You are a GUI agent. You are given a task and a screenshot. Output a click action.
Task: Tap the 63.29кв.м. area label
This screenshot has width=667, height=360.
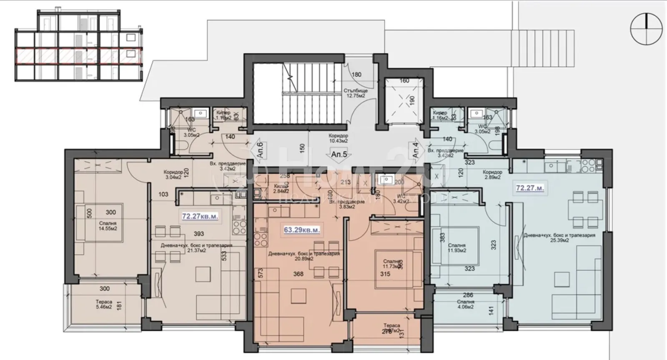pyautogui.click(x=302, y=230)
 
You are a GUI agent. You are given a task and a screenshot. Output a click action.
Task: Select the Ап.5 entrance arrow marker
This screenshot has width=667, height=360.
pyautogui.click(x=339, y=155)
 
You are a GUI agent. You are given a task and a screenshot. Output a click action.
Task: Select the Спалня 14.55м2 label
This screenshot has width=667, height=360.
pyautogui.click(x=108, y=226)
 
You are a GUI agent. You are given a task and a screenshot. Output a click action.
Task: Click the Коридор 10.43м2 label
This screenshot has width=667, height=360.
pyautogui.click(x=338, y=138)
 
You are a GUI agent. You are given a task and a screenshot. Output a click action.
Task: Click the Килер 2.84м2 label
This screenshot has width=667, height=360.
pyautogui.click(x=281, y=189)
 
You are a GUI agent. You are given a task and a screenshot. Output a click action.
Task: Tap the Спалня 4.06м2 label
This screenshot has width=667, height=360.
pyautogui.click(x=465, y=305)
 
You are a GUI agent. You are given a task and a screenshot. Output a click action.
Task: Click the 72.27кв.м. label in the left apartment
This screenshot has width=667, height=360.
pyautogui.click(x=200, y=217)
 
